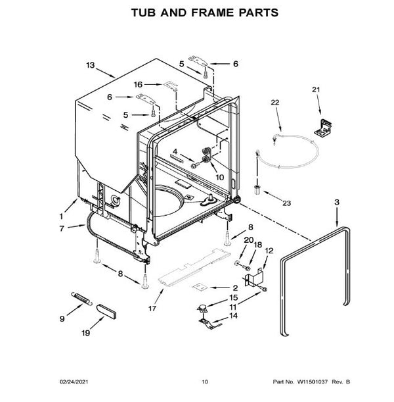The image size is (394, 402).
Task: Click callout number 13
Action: coord(91,65)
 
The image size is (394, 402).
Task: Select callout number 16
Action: coord(137,84)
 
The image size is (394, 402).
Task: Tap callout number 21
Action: coord(315,89)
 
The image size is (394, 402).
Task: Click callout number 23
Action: coord(286,203)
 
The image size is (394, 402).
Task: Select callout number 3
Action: coord(337,201)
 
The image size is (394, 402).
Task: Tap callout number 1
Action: coord(62,214)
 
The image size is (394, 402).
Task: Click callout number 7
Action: coord(62,229)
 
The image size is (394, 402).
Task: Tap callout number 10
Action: coord(219,177)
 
